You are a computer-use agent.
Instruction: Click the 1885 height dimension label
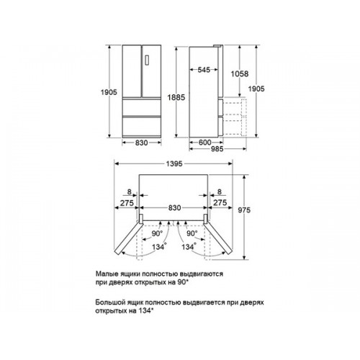(176, 97)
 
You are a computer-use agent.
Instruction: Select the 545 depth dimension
(204, 70)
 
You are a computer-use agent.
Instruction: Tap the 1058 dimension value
(240, 73)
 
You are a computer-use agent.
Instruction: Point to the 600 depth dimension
(204, 143)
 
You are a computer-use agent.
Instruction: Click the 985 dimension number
(217, 149)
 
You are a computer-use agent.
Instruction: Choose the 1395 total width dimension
(174, 163)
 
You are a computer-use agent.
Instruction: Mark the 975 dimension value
(244, 210)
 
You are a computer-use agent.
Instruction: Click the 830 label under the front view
(141, 143)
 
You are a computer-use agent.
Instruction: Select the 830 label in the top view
(174, 207)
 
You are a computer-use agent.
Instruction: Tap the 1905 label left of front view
(109, 92)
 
